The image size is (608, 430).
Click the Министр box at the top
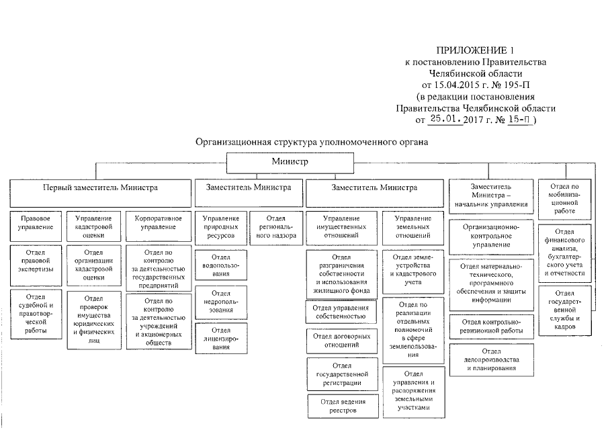290,163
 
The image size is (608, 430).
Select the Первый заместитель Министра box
100,188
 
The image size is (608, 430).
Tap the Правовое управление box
36,224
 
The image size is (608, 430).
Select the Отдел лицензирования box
220,335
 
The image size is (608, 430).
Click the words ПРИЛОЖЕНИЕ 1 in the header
475,51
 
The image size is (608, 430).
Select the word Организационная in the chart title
232,142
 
